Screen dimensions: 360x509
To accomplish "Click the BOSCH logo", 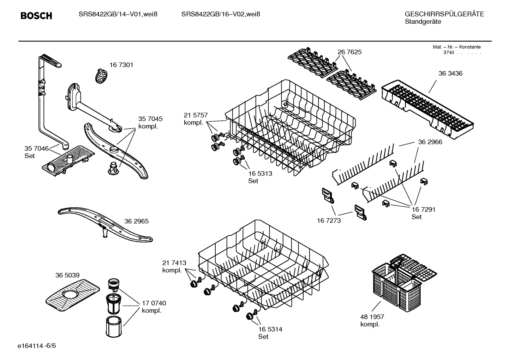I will click(x=36, y=16).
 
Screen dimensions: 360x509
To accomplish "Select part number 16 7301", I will click(x=121, y=65).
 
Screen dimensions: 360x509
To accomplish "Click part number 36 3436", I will click(x=450, y=73).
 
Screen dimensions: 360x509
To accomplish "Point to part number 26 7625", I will click(x=349, y=52).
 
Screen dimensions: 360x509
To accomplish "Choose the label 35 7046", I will click(x=36, y=148).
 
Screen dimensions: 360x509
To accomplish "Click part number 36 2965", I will click(x=136, y=221).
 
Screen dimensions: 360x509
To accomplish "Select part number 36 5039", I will click(x=67, y=275).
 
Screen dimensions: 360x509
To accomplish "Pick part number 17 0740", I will click(x=154, y=303).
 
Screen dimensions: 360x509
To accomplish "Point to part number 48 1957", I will click(x=372, y=317).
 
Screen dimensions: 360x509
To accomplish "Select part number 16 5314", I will click(x=270, y=329).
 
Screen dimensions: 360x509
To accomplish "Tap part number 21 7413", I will click(x=174, y=263).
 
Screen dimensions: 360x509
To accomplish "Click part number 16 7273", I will click(x=329, y=220).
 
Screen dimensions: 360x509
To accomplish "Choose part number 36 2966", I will click(x=430, y=142).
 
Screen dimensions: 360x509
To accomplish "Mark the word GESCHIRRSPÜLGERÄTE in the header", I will click(x=444, y=14).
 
